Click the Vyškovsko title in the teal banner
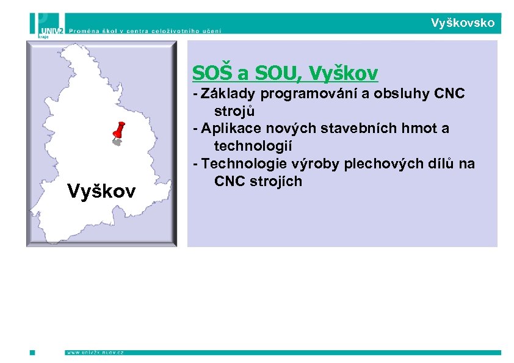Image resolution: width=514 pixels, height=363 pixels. tap(462, 23)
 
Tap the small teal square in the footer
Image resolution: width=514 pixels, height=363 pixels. tap(32, 352)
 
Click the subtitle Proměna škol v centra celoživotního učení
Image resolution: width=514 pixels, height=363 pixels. tap(145, 30)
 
